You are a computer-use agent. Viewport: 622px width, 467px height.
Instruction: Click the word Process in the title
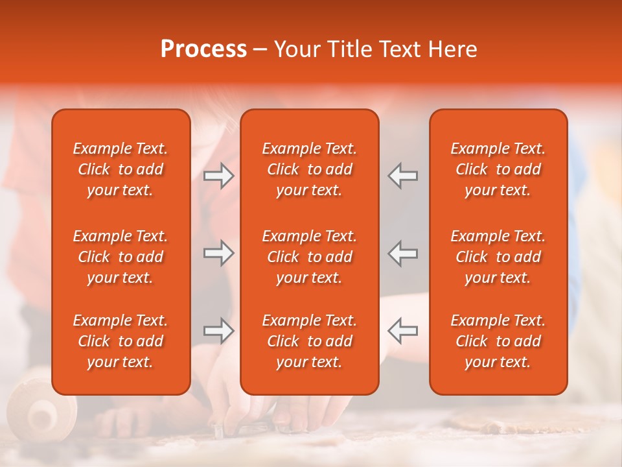click(203, 49)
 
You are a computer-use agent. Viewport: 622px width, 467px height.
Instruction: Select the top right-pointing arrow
click(219, 176)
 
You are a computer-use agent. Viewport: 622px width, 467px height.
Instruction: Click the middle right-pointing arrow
click(219, 253)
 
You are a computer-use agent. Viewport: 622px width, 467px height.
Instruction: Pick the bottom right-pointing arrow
click(219, 331)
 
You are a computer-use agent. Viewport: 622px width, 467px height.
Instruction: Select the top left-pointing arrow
click(402, 176)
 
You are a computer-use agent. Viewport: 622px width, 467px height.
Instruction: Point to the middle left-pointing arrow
click(402, 253)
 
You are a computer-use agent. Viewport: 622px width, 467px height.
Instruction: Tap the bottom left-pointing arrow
click(402, 331)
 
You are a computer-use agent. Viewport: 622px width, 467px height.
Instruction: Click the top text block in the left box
click(121, 169)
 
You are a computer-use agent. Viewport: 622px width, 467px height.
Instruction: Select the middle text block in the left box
click(121, 257)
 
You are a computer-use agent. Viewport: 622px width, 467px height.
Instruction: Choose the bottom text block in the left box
click(121, 341)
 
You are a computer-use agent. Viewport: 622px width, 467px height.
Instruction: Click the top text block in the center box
click(309, 169)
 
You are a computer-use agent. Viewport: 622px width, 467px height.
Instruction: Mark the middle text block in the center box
click(309, 257)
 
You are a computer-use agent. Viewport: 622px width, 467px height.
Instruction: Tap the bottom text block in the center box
click(309, 341)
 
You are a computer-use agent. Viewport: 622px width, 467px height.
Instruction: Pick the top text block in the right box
click(498, 169)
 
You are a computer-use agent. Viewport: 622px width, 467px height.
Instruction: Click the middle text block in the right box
click(498, 257)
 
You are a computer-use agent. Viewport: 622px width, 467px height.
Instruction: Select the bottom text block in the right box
click(498, 341)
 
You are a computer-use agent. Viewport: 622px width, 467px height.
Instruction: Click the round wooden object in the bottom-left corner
click(40, 410)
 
